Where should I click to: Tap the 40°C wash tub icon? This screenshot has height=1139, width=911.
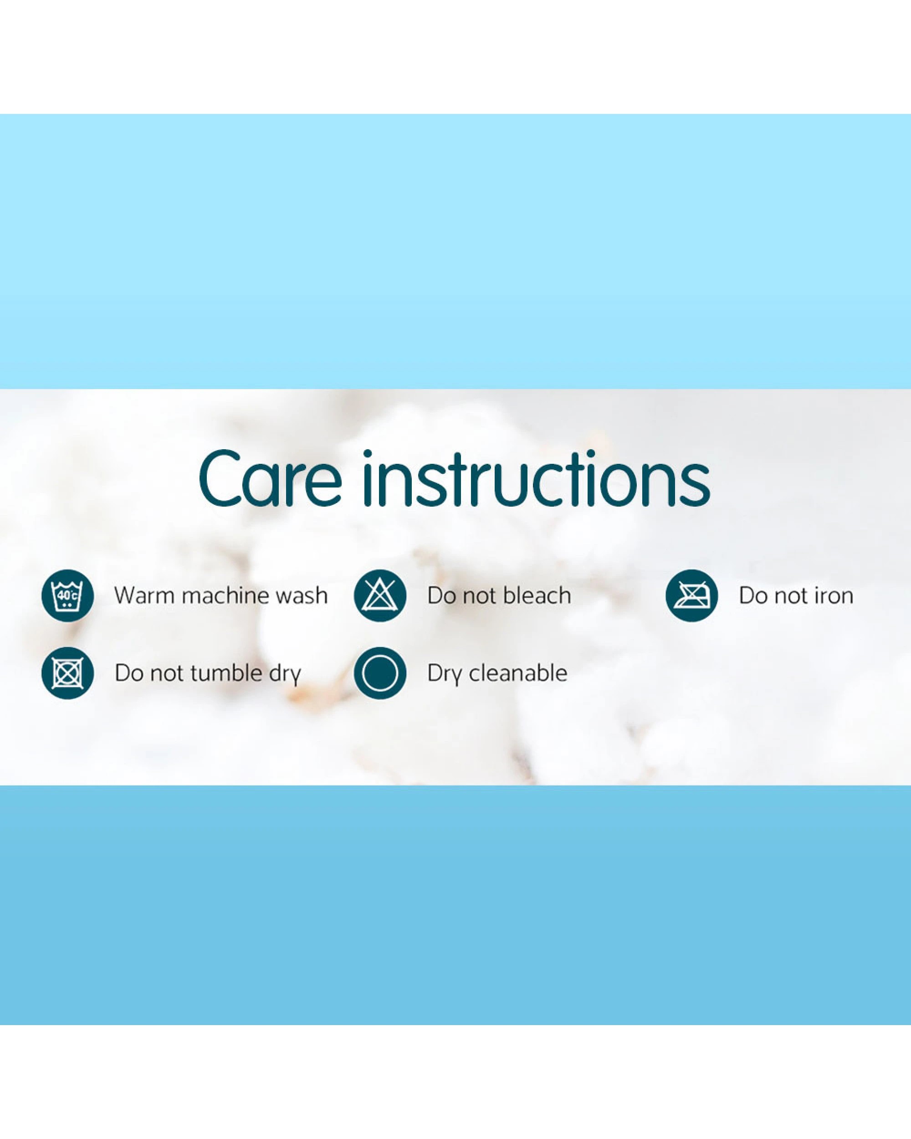pyautogui.click(x=67, y=595)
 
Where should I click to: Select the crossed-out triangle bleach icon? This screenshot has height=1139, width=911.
pyautogui.click(x=380, y=595)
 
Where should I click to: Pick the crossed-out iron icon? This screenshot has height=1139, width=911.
pyautogui.click(x=691, y=595)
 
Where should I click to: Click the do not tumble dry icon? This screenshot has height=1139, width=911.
pyautogui.click(x=67, y=673)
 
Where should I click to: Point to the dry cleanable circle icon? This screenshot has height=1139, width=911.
pyautogui.click(x=380, y=673)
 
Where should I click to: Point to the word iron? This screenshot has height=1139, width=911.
pyautogui.click(x=834, y=596)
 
